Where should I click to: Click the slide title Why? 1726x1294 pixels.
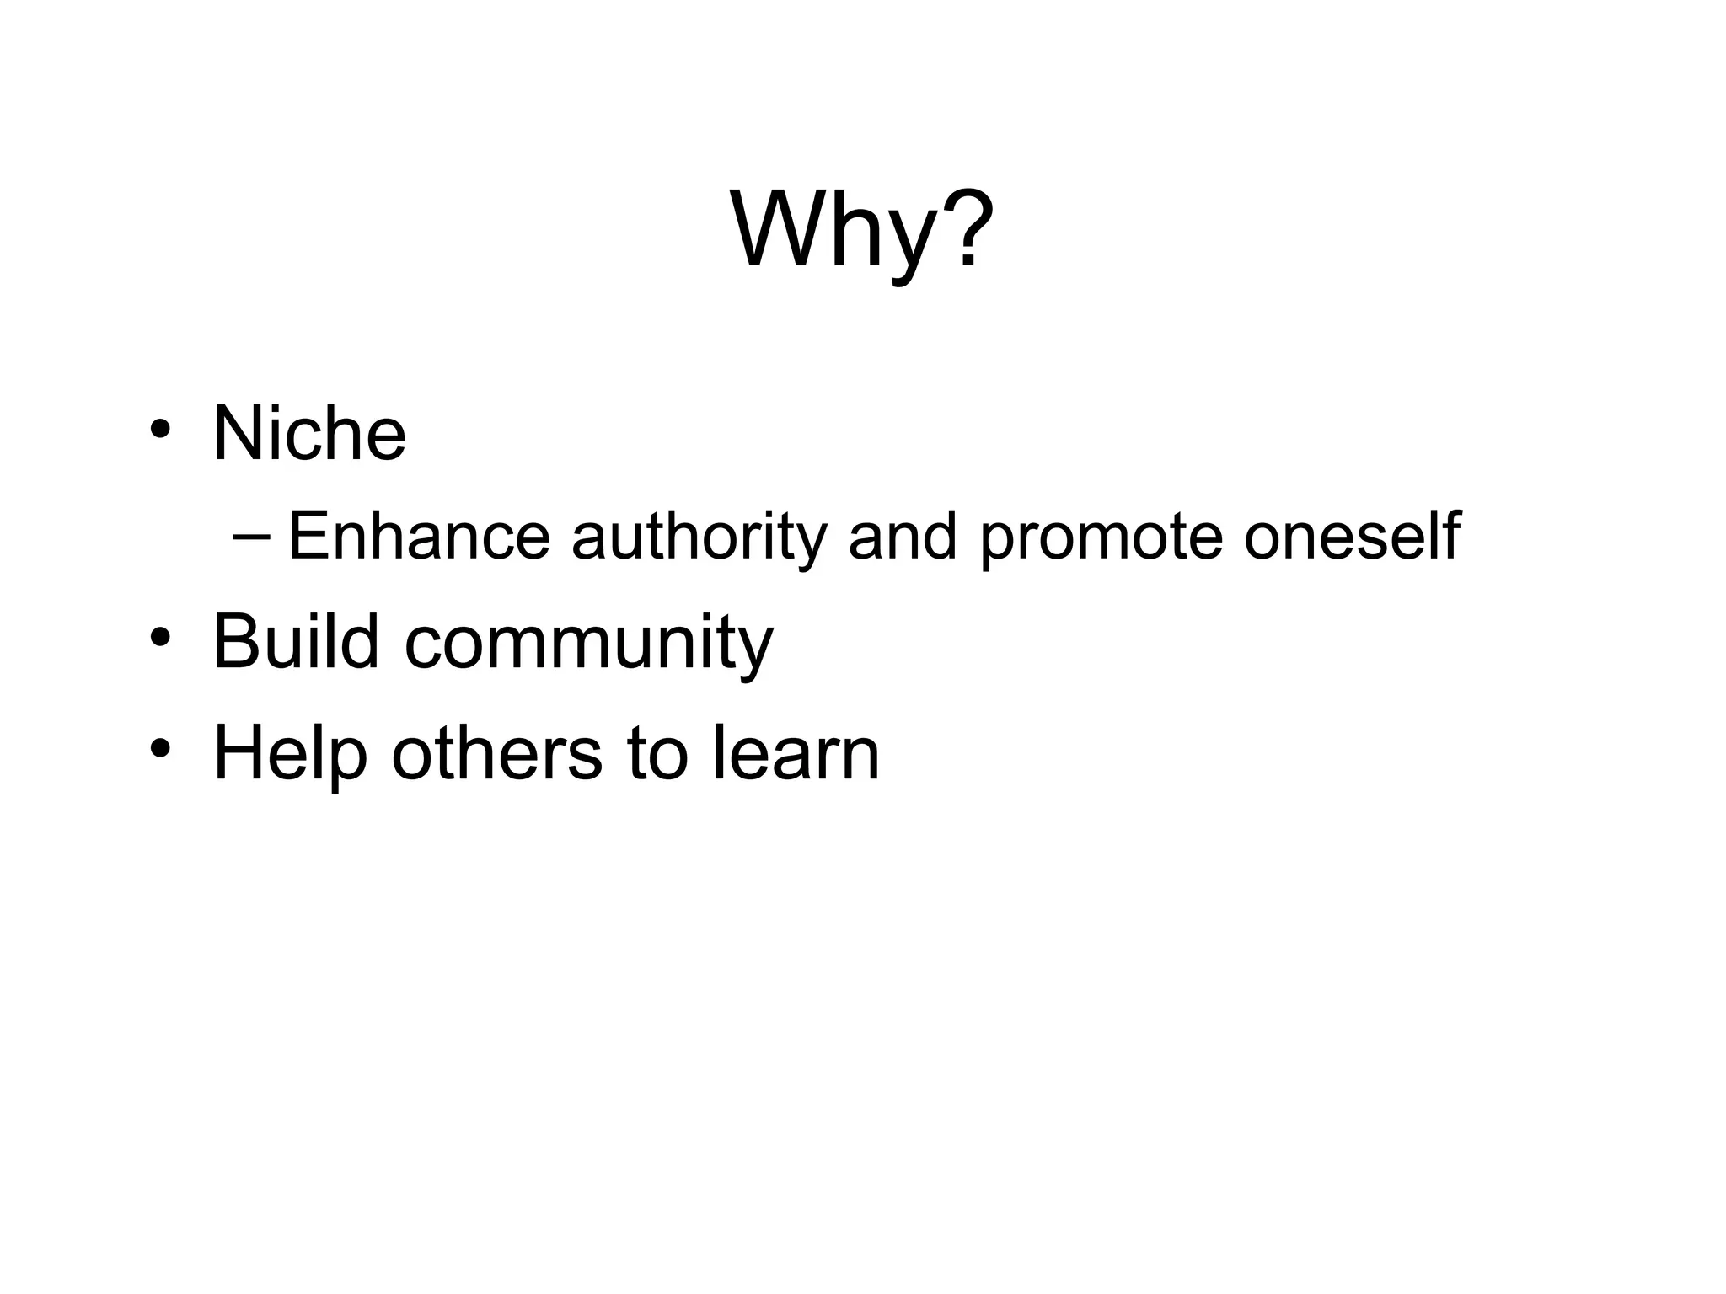pyautogui.click(x=861, y=229)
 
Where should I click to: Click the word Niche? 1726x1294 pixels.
pyautogui.click(x=309, y=434)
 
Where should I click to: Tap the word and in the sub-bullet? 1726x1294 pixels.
pyautogui.click(x=903, y=536)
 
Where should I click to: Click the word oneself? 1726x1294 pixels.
pyautogui.click(x=1352, y=536)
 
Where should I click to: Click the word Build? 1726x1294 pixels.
pyautogui.click(x=296, y=641)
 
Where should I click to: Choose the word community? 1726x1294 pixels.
pyautogui.click(x=588, y=645)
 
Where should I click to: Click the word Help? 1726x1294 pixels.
pyautogui.click(x=290, y=753)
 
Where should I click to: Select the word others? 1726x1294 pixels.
pyautogui.click(x=496, y=751)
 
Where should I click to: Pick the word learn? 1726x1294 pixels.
pyautogui.click(x=796, y=751)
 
